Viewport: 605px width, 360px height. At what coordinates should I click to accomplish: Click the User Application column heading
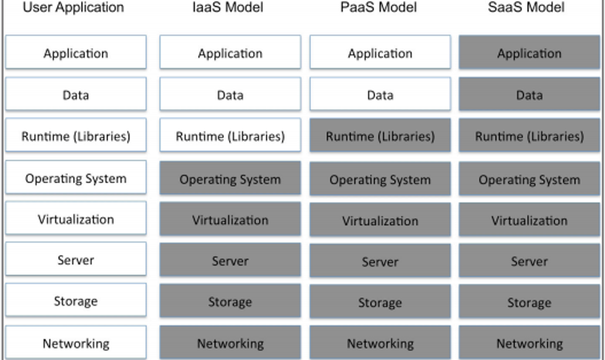(73, 7)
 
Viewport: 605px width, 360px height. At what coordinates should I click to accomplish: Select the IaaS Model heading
(228, 7)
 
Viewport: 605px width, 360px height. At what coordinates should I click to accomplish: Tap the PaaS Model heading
(379, 7)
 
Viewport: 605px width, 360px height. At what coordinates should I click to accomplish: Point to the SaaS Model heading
(526, 7)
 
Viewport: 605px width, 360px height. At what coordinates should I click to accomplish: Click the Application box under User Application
(76, 52)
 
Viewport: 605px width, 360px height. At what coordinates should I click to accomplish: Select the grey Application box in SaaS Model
(529, 52)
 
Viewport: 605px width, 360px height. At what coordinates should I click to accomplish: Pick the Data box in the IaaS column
(231, 94)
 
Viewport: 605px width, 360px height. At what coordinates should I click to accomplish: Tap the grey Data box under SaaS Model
(529, 94)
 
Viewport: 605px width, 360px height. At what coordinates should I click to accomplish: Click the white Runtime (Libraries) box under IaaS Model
(231, 134)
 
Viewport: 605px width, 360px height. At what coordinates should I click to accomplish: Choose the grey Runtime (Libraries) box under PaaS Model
(380, 134)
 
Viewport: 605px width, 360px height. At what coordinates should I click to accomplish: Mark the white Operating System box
(76, 177)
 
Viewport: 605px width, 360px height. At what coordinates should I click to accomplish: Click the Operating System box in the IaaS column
(231, 178)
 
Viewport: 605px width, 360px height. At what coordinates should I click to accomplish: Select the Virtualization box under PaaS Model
(380, 220)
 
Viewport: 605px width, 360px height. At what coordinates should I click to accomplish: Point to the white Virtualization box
(76, 218)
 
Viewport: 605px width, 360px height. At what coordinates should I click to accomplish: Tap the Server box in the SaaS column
(529, 260)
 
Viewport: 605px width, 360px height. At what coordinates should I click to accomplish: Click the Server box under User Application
(76, 259)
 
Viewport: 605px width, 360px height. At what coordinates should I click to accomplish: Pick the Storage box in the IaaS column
(231, 300)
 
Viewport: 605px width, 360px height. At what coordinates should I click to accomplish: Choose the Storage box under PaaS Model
(380, 301)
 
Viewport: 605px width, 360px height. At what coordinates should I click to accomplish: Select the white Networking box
(76, 342)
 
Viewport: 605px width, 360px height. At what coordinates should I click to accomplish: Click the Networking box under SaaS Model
(529, 342)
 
